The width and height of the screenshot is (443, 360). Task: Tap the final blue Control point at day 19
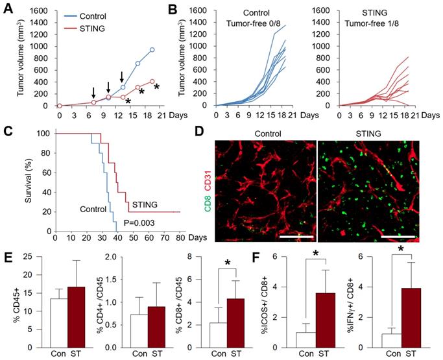pos(152,49)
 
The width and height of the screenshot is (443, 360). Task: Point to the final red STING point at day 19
pos(152,81)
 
